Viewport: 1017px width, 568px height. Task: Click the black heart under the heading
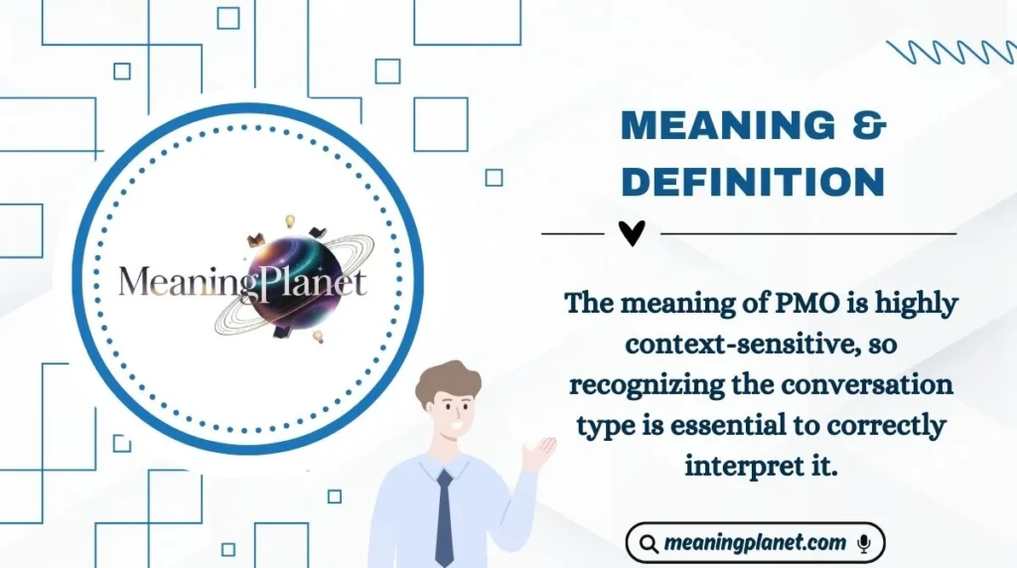[x=632, y=234]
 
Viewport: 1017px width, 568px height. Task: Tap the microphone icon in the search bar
[x=864, y=544]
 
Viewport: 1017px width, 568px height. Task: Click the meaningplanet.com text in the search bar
[x=756, y=544]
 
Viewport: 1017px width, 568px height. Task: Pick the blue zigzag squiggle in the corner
[x=950, y=52]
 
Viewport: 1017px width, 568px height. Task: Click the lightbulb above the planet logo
[x=291, y=220]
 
